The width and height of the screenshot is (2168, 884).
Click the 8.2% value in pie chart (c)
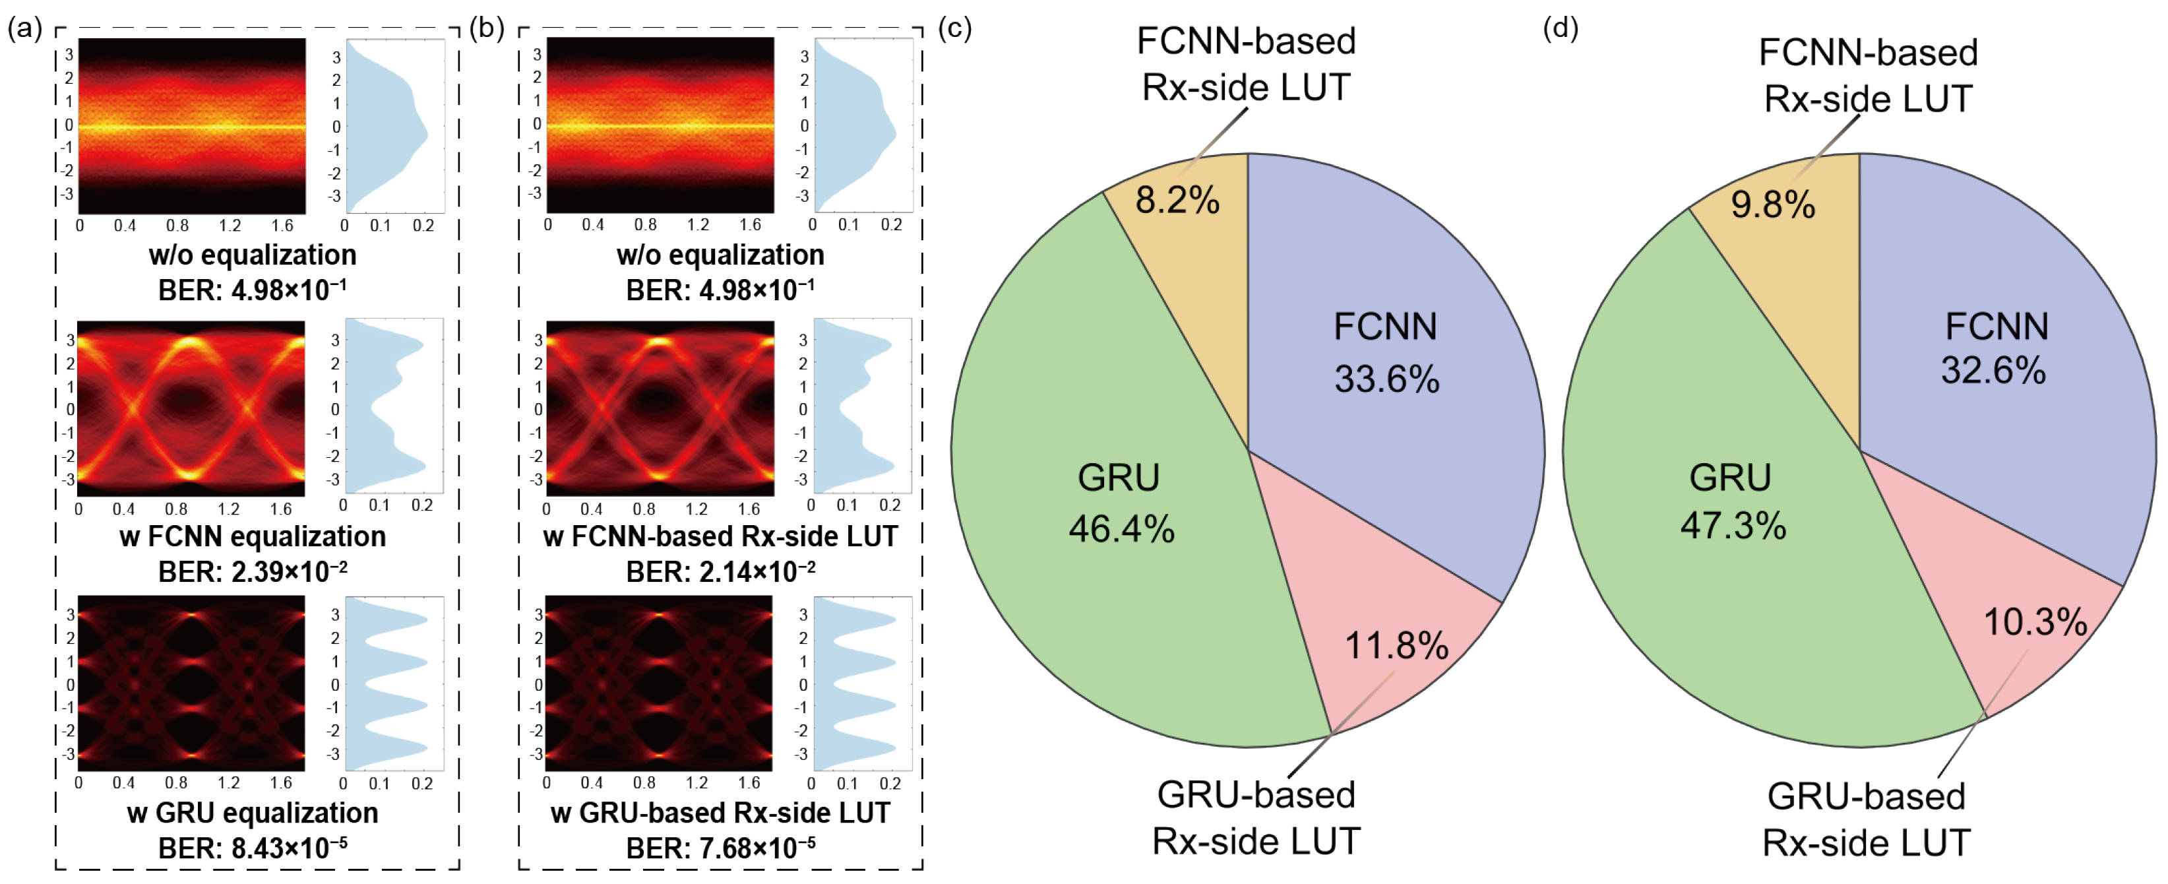pyautogui.click(x=1177, y=201)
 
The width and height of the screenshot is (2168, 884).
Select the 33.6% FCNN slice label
pyautogui.click(x=1386, y=379)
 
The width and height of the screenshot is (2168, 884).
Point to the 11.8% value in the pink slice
pyautogui.click(x=1396, y=646)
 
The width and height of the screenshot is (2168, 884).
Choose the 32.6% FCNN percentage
pyautogui.click(x=1993, y=371)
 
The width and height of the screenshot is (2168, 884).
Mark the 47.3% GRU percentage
pyautogui.click(x=1733, y=526)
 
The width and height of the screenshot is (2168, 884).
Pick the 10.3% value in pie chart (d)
pyautogui.click(x=2035, y=622)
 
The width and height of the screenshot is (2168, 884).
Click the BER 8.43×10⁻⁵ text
pyautogui.click(x=253, y=848)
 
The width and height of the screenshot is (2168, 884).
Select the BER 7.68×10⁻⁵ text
pyautogui.click(x=720, y=848)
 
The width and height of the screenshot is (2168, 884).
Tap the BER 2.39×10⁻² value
pyautogui.click(x=253, y=572)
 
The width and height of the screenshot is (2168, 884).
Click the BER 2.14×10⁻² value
pyautogui.click(x=720, y=572)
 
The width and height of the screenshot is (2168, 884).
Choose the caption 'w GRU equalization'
pyautogui.click(x=253, y=813)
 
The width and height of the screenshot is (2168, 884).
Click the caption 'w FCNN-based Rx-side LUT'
pyautogui.click(x=720, y=536)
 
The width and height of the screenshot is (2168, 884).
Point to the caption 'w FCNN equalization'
pyautogui.click(x=253, y=536)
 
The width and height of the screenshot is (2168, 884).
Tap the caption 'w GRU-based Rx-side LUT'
pyautogui.click(x=720, y=813)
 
